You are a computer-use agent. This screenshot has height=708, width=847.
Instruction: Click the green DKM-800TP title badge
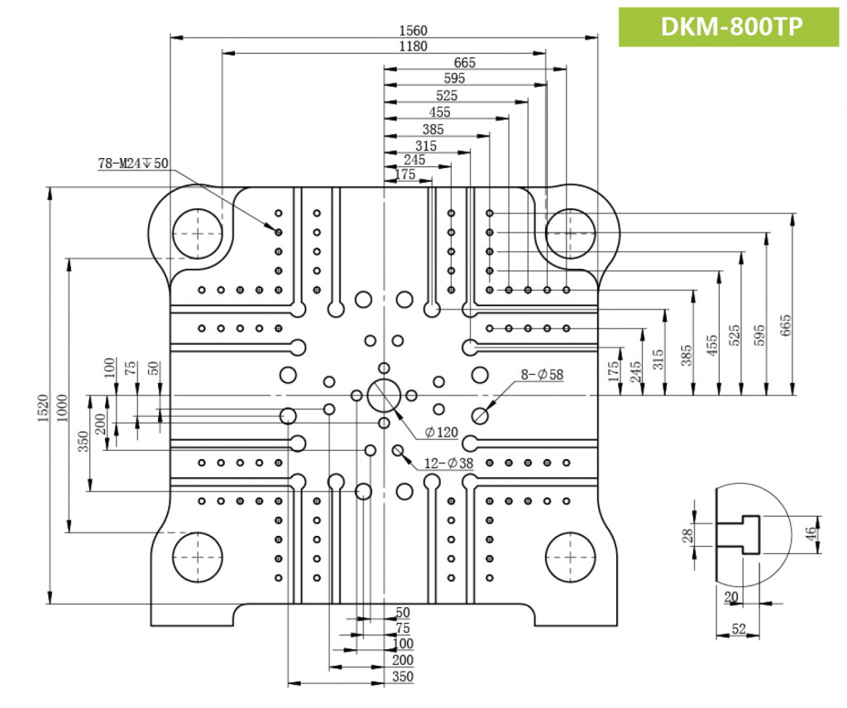tap(731, 26)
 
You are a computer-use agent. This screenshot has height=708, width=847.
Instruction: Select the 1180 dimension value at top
tap(412, 46)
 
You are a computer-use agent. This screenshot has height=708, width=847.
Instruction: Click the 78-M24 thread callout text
tap(132, 164)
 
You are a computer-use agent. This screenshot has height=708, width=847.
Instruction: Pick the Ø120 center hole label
tap(441, 432)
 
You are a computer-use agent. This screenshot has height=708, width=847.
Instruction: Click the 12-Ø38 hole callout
tap(448, 464)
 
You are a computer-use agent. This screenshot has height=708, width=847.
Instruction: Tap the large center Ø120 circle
tap(384, 395)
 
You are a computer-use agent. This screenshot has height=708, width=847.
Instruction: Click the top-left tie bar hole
tap(197, 233)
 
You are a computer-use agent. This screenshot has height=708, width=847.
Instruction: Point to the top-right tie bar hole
tap(571, 233)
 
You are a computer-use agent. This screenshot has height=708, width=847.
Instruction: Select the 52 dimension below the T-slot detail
tap(739, 629)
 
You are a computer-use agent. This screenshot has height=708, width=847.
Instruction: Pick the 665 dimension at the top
tap(465, 63)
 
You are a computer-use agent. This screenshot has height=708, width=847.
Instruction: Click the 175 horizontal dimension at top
tap(405, 175)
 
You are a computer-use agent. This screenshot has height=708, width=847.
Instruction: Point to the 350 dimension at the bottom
tap(403, 677)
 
